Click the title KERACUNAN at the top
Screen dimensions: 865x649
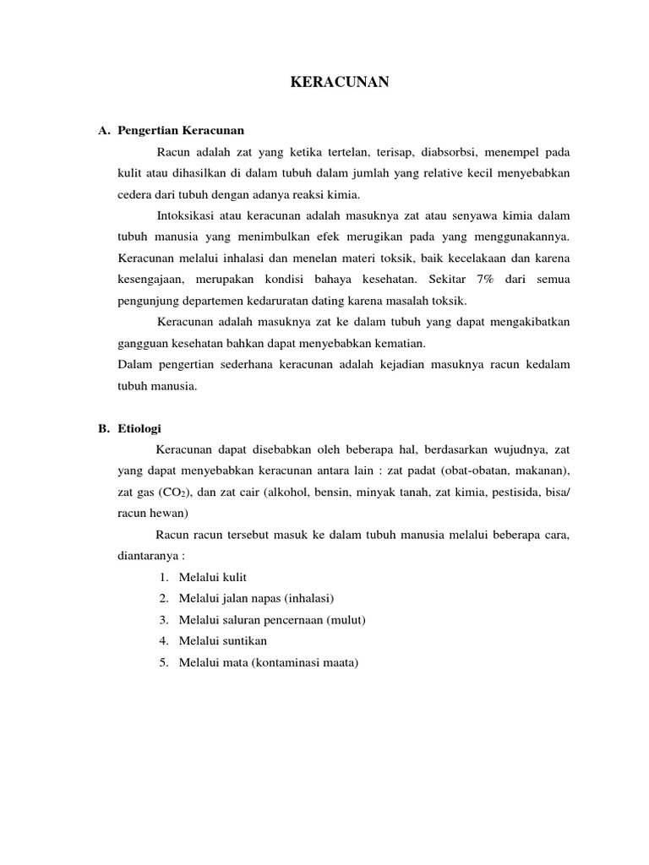[x=339, y=82]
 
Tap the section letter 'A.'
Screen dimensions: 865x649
[x=105, y=131]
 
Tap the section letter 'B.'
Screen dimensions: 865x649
[x=105, y=428]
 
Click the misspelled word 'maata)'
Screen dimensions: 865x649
[x=341, y=663]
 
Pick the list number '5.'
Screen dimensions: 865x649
[x=163, y=663]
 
